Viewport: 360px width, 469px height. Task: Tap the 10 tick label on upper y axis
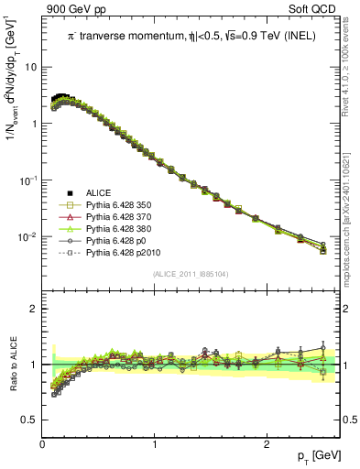(30, 68)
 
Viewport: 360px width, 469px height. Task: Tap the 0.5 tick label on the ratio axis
(29, 420)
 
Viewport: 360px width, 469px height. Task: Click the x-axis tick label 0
(42, 443)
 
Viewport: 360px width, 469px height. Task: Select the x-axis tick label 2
(267, 443)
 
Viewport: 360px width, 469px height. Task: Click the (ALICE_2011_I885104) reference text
(191, 273)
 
